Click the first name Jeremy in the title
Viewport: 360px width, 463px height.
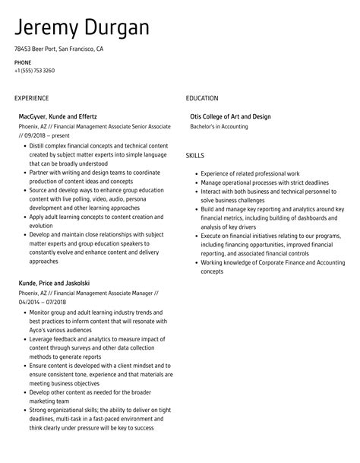tap(47, 28)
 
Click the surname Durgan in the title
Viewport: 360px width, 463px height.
tap(115, 28)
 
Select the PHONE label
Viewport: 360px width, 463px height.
tap(22, 62)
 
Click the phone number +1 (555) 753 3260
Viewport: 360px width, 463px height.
tap(34, 71)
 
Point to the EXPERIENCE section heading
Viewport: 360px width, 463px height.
tap(31, 98)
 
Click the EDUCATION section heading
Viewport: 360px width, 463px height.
tap(202, 98)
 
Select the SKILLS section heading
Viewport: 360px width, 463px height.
tap(195, 155)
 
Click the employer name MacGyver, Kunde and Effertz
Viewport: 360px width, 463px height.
tap(58, 116)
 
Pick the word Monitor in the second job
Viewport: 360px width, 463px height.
tap(41, 312)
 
